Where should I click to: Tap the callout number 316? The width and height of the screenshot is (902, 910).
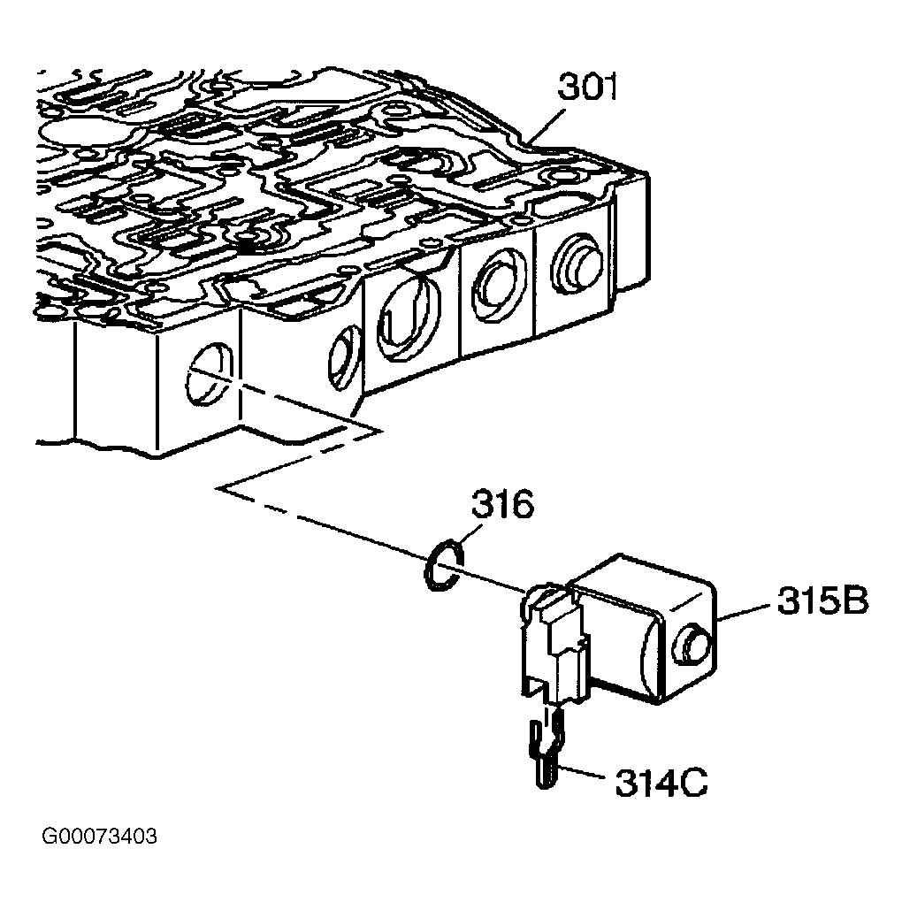pyautogui.click(x=502, y=504)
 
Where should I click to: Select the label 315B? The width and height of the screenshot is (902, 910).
pyautogui.click(x=822, y=601)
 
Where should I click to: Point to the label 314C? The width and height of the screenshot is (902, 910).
pyautogui.click(x=661, y=783)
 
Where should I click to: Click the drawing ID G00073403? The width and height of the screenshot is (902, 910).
pyautogui.click(x=99, y=837)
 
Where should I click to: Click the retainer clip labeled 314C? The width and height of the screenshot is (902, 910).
pyautogui.click(x=545, y=752)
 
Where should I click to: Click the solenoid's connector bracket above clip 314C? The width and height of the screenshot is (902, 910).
pyautogui.click(x=554, y=650)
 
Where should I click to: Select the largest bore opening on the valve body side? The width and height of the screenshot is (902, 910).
pyautogui.click(x=409, y=317)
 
